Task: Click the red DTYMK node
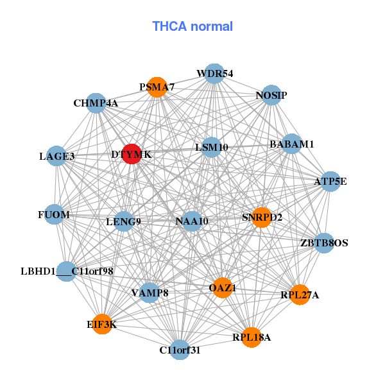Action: tap(132, 154)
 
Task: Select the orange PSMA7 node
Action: tap(157, 87)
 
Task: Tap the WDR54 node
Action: tap(214, 74)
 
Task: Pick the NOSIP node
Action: tap(271, 95)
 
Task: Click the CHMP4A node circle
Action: tap(96, 103)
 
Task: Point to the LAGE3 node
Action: tap(56, 156)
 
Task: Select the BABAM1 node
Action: tap(291, 145)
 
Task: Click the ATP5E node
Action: tap(330, 182)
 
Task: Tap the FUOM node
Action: tap(54, 214)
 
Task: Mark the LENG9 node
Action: tap(123, 222)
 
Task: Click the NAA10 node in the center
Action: tap(192, 221)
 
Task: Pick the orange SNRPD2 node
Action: tap(261, 218)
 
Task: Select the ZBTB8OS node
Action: tap(324, 243)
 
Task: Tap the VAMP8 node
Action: tap(150, 293)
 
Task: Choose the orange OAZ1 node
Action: tap(222, 288)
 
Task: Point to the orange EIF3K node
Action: tap(101, 325)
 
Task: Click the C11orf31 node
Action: tap(180, 350)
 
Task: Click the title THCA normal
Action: tap(193, 26)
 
